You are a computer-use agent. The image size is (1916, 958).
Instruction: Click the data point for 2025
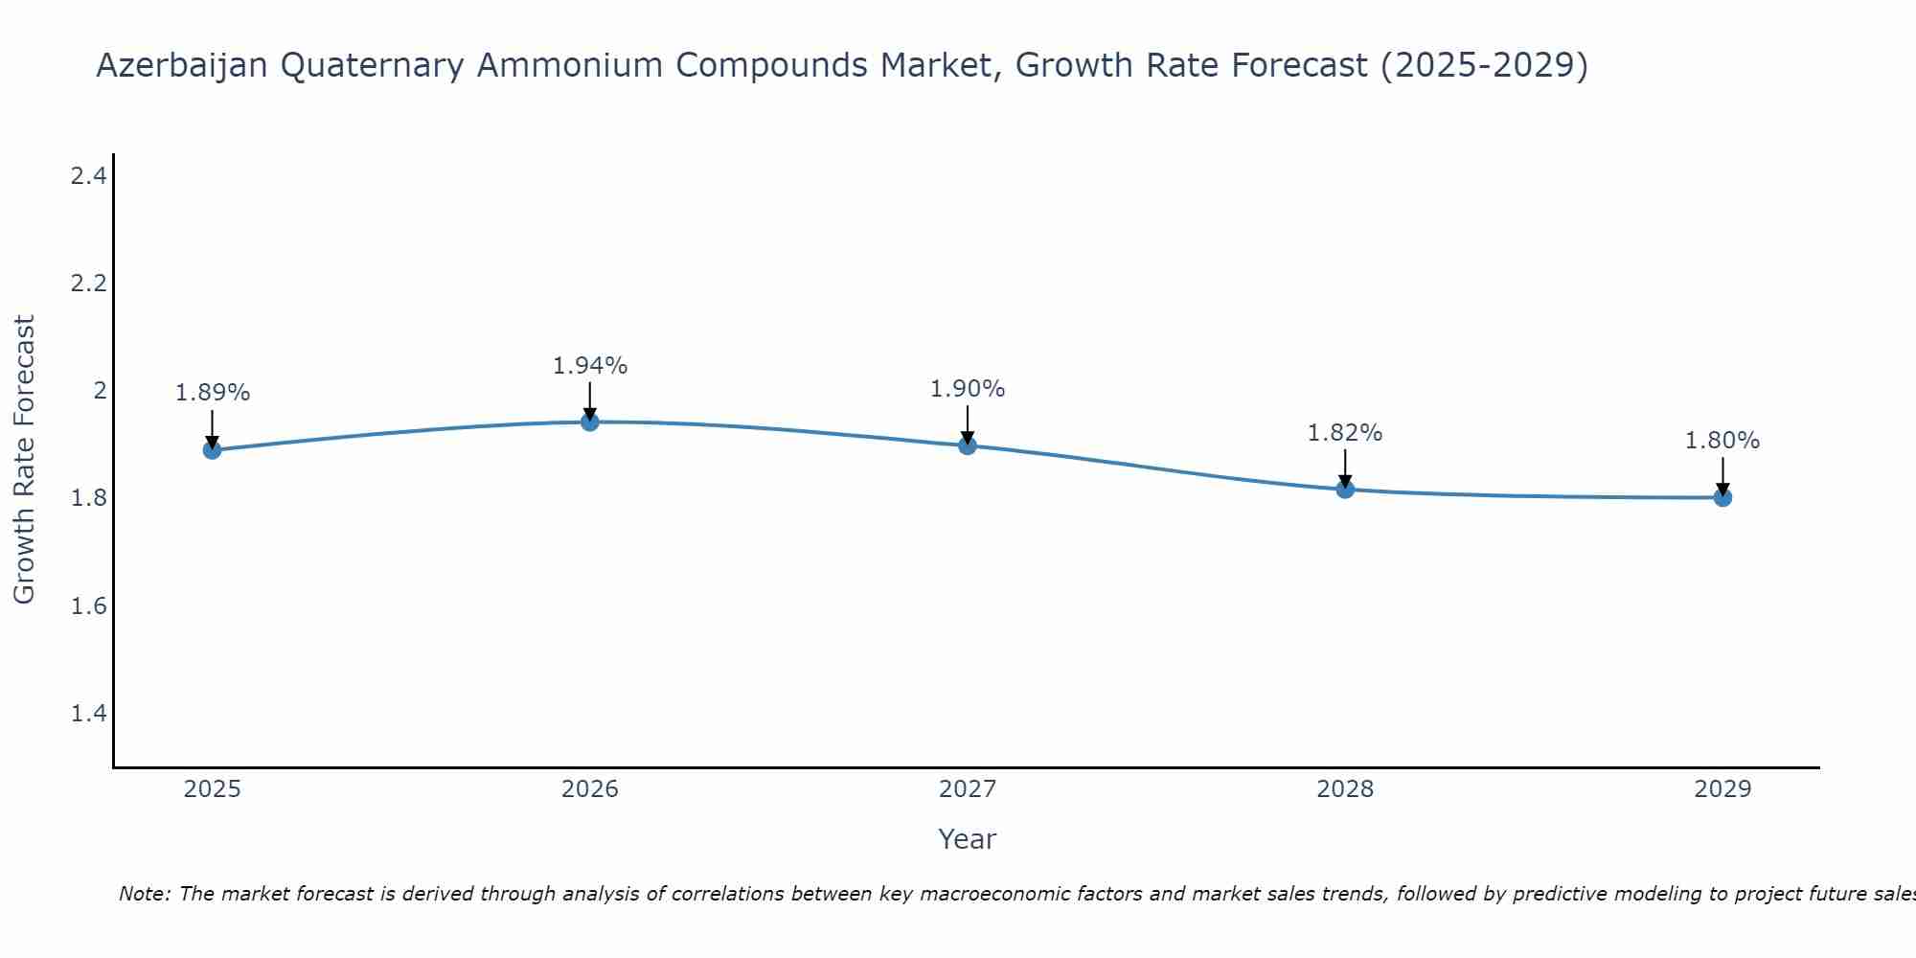tap(212, 449)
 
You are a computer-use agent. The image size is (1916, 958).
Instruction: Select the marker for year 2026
tap(589, 422)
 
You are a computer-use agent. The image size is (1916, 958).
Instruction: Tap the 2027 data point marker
tap(967, 445)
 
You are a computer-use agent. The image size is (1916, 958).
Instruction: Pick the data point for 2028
tap(1344, 489)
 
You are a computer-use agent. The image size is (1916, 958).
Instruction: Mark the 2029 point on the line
tap(1722, 497)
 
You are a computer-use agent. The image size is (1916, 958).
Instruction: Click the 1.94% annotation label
tap(589, 366)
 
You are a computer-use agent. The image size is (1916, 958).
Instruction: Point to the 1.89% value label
tap(212, 393)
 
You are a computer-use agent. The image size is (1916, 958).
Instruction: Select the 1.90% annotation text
tap(967, 389)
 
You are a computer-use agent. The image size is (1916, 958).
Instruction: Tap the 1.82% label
tap(1344, 433)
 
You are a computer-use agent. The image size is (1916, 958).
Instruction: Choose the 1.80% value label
tap(1722, 441)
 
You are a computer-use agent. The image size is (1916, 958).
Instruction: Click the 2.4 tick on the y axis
tap(88, 175)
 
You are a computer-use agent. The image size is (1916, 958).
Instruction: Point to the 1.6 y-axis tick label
tap(88, 606)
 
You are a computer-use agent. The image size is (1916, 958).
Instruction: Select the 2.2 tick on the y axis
tap(88, 284)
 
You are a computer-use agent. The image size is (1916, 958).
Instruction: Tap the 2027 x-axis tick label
tap(967, 789)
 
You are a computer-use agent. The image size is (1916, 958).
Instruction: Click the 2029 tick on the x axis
tap(1722, 789)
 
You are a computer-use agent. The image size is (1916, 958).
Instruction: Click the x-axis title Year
tap(967, 839)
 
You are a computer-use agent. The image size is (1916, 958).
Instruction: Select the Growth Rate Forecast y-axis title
tap(24, 460)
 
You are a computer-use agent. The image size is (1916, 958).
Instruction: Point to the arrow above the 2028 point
tap(1344, 468)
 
